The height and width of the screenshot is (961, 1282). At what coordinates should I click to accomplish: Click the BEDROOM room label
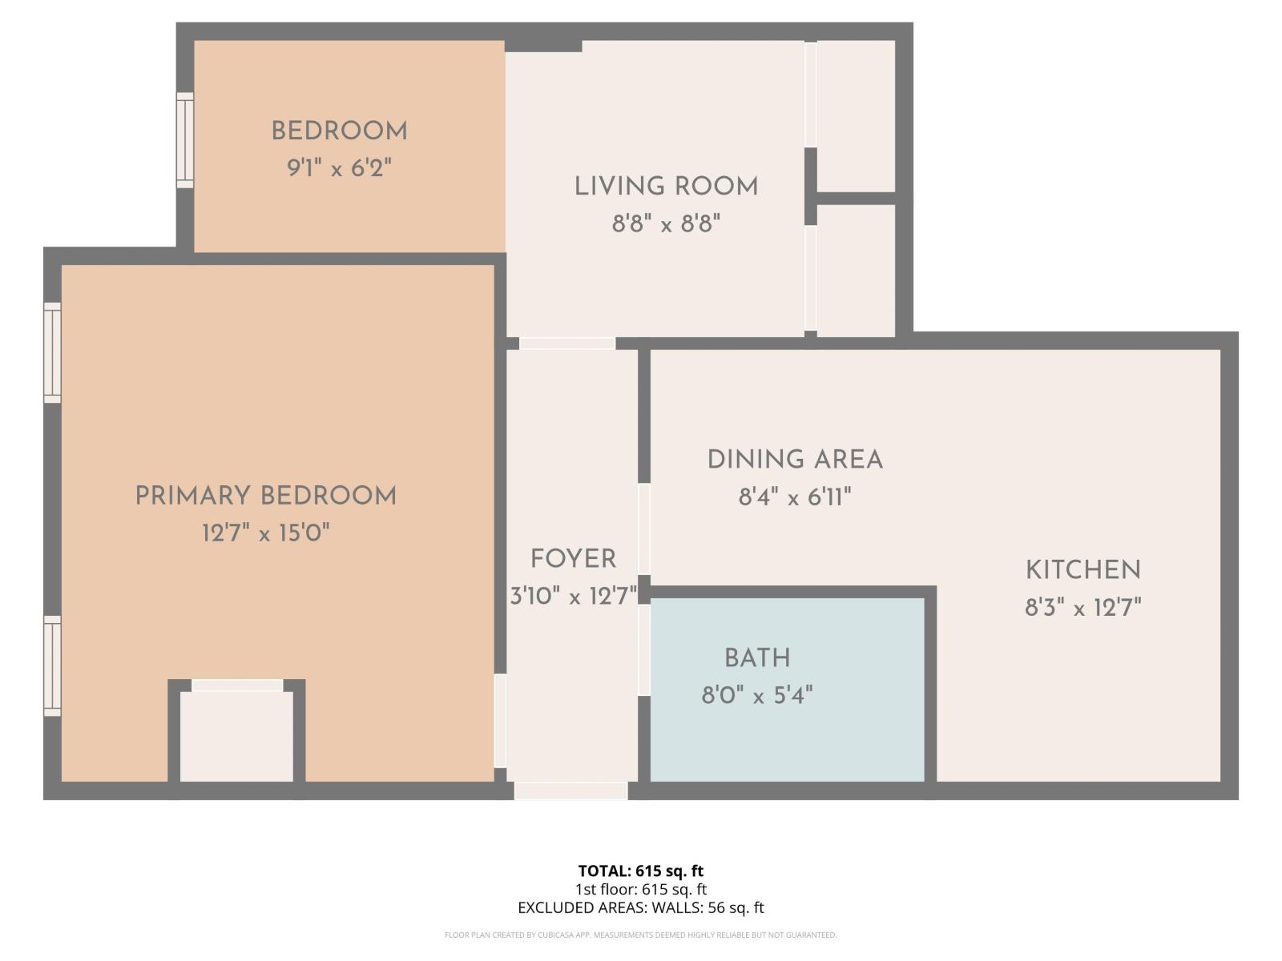point(339,131)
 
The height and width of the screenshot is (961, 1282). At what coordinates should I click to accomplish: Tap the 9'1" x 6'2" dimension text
point(339,169)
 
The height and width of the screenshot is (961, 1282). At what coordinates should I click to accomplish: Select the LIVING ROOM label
point(666,187)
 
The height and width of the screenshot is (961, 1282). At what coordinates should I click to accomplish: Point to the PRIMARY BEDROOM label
point(265,496)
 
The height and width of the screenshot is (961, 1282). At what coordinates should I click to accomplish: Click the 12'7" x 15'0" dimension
point(265,533)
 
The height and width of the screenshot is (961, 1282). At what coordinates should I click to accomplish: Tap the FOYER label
point(573,558)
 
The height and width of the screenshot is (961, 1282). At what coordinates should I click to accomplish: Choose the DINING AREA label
point(795,460)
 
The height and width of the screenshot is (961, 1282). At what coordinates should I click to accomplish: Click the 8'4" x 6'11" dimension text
point(795,497)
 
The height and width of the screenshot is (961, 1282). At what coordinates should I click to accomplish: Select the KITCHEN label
point(1083,570)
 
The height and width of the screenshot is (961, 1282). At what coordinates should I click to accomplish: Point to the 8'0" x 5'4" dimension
point(757,695)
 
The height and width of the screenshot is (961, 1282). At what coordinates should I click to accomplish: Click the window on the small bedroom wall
point(185,140)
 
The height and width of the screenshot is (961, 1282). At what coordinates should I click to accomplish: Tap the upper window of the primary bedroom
point(52,352)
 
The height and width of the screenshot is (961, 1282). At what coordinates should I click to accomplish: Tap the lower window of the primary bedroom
point(52,665)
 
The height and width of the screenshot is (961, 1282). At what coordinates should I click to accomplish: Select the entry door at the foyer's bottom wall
point(570,790)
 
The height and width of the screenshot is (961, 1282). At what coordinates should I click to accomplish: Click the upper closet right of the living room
point(856,116)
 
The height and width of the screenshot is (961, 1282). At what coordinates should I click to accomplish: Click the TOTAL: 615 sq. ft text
point(641,871)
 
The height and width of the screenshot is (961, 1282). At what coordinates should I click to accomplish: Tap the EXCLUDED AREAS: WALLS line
point(641,907)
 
